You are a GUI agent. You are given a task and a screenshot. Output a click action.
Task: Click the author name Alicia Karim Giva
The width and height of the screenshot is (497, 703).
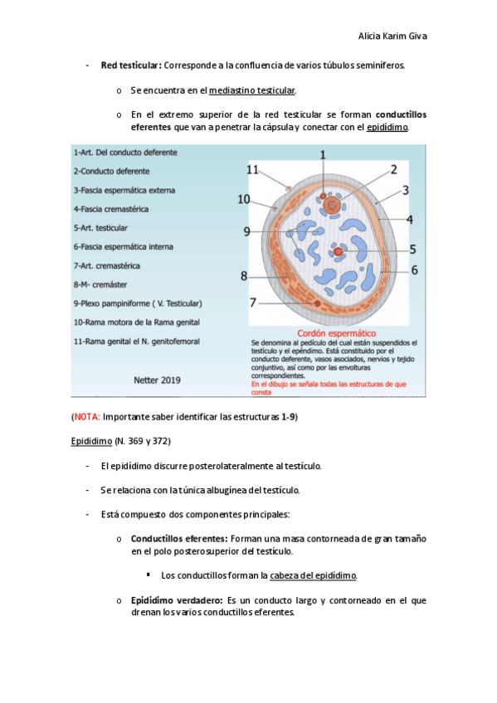coord(392,36)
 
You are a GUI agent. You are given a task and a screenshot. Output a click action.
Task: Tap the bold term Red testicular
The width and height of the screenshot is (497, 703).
coord(131,65)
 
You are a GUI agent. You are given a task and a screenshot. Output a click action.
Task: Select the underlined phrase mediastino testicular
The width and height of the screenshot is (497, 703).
coord(252,90)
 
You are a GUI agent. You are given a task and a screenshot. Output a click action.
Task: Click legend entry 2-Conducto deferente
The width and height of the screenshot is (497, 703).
coord(112,172)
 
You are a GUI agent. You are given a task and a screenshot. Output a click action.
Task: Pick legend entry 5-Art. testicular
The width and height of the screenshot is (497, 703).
coord(100,228)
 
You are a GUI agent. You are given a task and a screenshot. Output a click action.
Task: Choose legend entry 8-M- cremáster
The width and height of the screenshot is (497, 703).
coord(100,284)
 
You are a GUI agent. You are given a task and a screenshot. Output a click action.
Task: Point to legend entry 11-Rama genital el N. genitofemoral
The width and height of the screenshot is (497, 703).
coord(137,342)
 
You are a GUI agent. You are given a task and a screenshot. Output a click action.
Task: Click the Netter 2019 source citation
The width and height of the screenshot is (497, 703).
coord(157,381)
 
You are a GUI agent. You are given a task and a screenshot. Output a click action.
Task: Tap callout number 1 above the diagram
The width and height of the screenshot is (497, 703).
coord(323,155)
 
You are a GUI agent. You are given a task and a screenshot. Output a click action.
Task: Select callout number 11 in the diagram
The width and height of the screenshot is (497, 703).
coord(252,170)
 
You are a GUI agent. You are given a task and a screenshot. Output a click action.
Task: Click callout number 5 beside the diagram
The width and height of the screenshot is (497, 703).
coord(412,250)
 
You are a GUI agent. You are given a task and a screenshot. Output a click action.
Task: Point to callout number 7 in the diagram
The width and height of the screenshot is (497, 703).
coord(253,303)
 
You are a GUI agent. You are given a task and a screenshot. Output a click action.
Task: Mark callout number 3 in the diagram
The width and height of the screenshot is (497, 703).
coord(406,191)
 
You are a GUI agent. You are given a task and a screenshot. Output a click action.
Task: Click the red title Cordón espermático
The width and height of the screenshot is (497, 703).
coord(336,333)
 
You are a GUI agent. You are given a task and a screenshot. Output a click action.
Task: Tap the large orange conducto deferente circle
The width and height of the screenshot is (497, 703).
coord(333,206)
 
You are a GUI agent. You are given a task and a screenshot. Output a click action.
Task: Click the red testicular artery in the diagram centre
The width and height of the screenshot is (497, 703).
coord(339,252)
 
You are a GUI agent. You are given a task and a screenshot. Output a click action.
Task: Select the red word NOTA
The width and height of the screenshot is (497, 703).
coord(86,417)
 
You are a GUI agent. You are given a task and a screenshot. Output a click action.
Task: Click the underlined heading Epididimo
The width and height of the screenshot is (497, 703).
coord(91,441)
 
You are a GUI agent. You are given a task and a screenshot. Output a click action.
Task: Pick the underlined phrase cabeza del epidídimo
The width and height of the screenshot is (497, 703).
coord(313,575)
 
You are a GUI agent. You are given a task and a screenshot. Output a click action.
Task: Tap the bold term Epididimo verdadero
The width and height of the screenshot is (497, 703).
coord(177,600)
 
